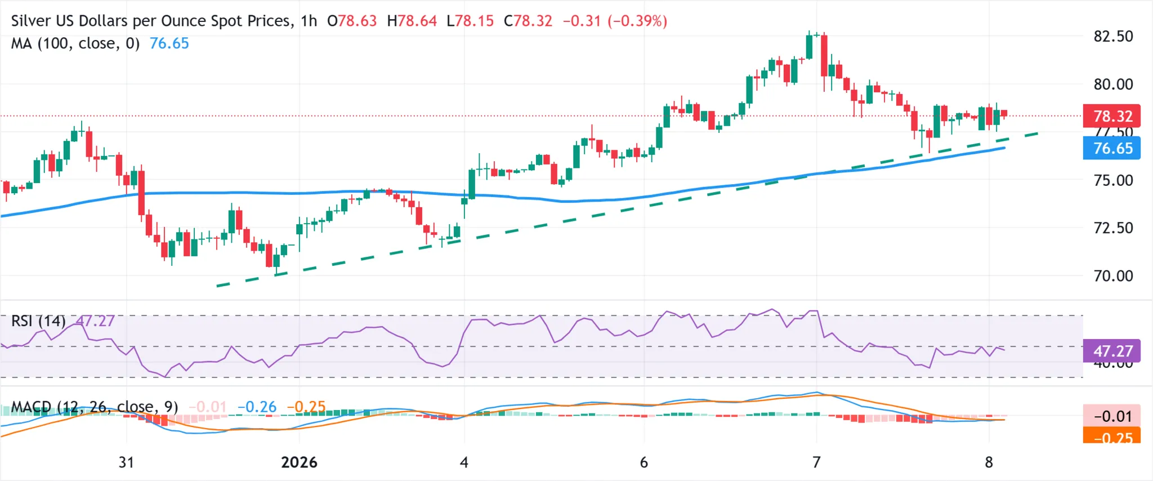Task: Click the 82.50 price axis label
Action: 1113,37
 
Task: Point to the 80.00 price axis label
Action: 1113,84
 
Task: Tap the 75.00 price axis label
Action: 1113,180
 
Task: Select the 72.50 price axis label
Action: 1113,228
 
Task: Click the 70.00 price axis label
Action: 1113,276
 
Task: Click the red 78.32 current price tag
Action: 1112,116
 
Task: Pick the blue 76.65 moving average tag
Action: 1112,148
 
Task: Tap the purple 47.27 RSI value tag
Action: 1112,351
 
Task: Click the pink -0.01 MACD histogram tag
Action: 1112,416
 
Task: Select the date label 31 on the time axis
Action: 126,462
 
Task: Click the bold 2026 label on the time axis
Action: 299,462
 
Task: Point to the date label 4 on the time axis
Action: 464,462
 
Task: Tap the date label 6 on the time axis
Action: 644,462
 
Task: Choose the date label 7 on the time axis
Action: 816,462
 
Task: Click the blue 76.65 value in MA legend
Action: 169,43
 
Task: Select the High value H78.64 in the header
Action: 412,21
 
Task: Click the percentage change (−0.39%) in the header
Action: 637,21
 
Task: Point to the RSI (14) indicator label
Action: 38,321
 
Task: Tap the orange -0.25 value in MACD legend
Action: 306,407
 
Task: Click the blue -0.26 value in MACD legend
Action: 257,407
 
